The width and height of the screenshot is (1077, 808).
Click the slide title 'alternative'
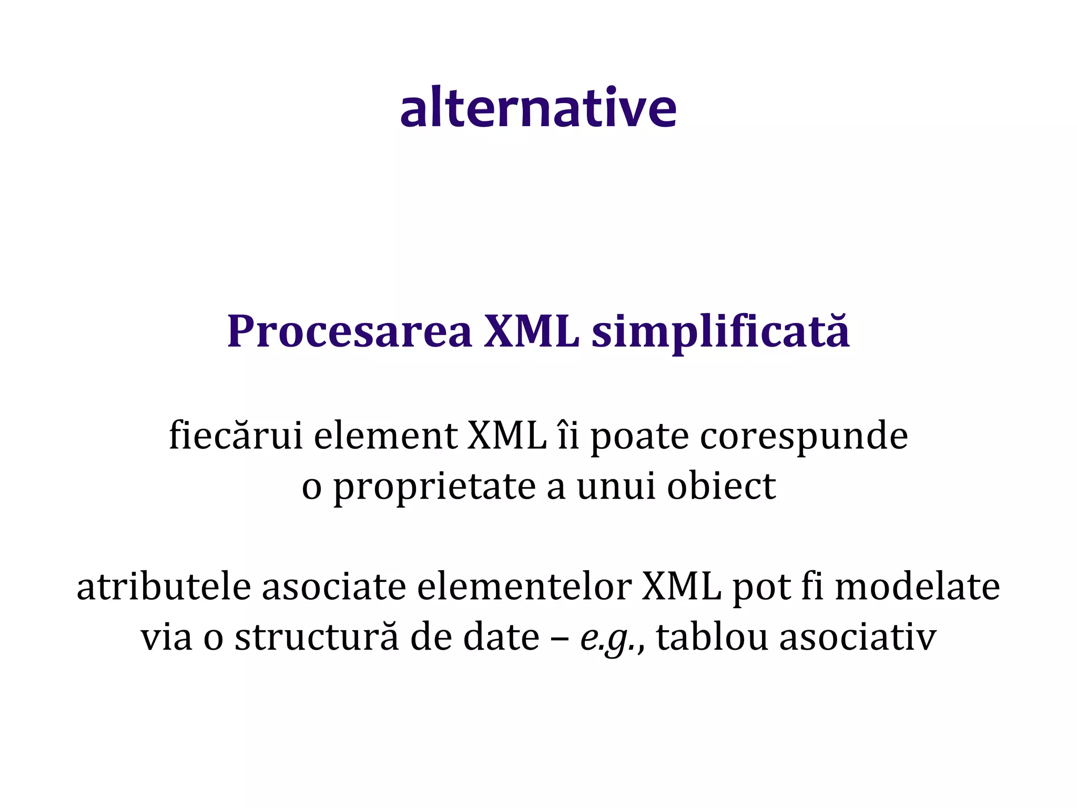coord(538,108)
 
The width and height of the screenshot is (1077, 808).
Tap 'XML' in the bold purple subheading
coord(531,332)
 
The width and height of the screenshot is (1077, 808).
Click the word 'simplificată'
coord(720,332)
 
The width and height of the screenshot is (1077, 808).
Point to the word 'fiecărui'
coord(236,436)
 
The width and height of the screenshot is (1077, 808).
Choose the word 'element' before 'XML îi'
coord(385,436)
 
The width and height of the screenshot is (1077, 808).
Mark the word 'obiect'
coord(722,487)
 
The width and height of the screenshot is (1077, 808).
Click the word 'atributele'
coord(164,587)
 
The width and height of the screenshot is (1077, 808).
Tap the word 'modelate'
coord(917,587)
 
